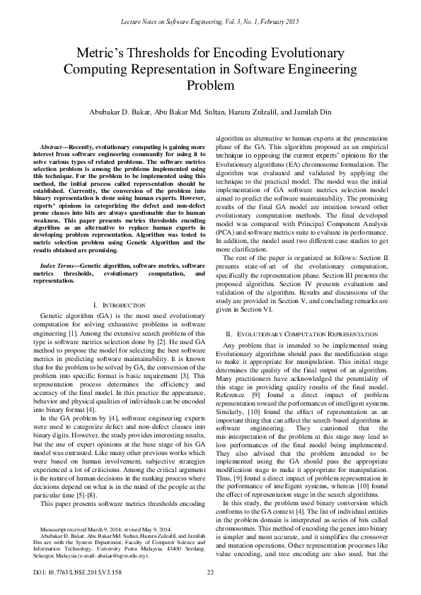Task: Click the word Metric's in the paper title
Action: click(x=103, y=54)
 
